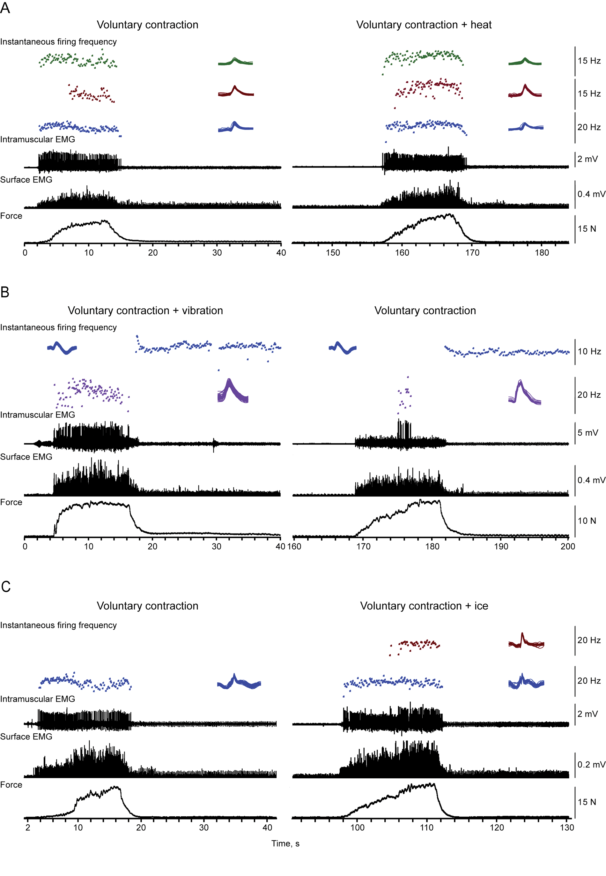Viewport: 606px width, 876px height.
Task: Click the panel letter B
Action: tap(4, 292)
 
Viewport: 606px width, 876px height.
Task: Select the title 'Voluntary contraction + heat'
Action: tap(424, 25)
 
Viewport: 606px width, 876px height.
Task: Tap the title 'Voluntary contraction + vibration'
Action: tap(145, 311)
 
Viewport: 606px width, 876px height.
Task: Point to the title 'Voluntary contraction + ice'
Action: tap(424, 606)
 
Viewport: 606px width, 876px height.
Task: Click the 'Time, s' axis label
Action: tap(285, 843)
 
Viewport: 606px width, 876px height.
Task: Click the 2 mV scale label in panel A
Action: tap(588, 159)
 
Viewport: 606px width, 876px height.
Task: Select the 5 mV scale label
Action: tap(588, 432)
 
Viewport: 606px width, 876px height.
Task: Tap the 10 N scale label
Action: tap(587, 520)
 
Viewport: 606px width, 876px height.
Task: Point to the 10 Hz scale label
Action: tap(589, 351)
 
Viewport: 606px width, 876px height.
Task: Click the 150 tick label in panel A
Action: tap(333, 253)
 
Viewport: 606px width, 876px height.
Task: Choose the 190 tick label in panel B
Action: tap(501, 546)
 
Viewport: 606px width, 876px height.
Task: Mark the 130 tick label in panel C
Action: tap(567, 827)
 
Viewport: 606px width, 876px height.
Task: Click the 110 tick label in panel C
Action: tap(427, 827)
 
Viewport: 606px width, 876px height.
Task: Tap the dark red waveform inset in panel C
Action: tap(526, 641)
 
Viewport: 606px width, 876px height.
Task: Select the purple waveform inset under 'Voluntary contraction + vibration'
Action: tap(233, 391)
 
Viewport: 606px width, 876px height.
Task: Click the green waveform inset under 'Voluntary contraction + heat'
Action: tap(525, 62)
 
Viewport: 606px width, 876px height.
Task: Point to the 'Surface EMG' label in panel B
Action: tap(26, 457)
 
